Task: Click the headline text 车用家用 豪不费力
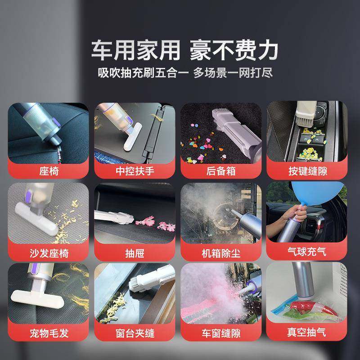(x=185, y=49)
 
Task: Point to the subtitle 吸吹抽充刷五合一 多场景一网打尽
(x=185, y=73)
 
